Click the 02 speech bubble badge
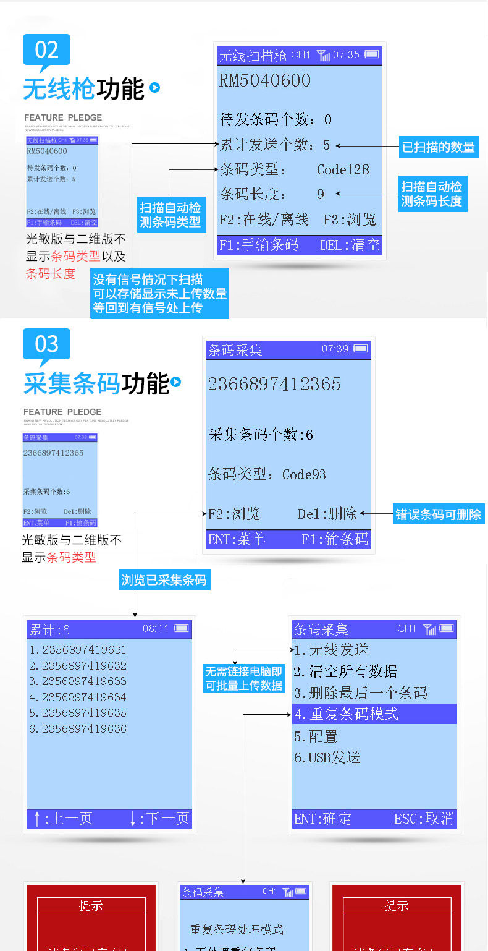click(46, 50)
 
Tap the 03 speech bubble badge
click(46, 344)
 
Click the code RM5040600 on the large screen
click(264, 81)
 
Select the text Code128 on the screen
click(343, 170)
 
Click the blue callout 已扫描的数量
click(439, 147)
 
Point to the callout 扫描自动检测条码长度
click(432, 194)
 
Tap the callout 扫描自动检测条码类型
click(170, 215)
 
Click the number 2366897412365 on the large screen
click(274, 384)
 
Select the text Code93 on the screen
click(304, 475)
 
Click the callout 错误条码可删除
click(438, 514)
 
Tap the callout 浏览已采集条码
click(164, 579)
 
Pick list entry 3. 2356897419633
click(78, 681)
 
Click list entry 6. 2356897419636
click(78, 729)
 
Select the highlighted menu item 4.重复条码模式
click(374, 714)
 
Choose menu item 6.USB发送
click(327, 757)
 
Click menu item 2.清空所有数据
click(345, 672)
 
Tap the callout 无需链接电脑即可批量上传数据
click(243, 678)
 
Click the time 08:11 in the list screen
click(156, 629)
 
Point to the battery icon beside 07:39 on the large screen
click(361, 349)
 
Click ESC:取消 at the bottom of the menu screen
click(424, 819)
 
